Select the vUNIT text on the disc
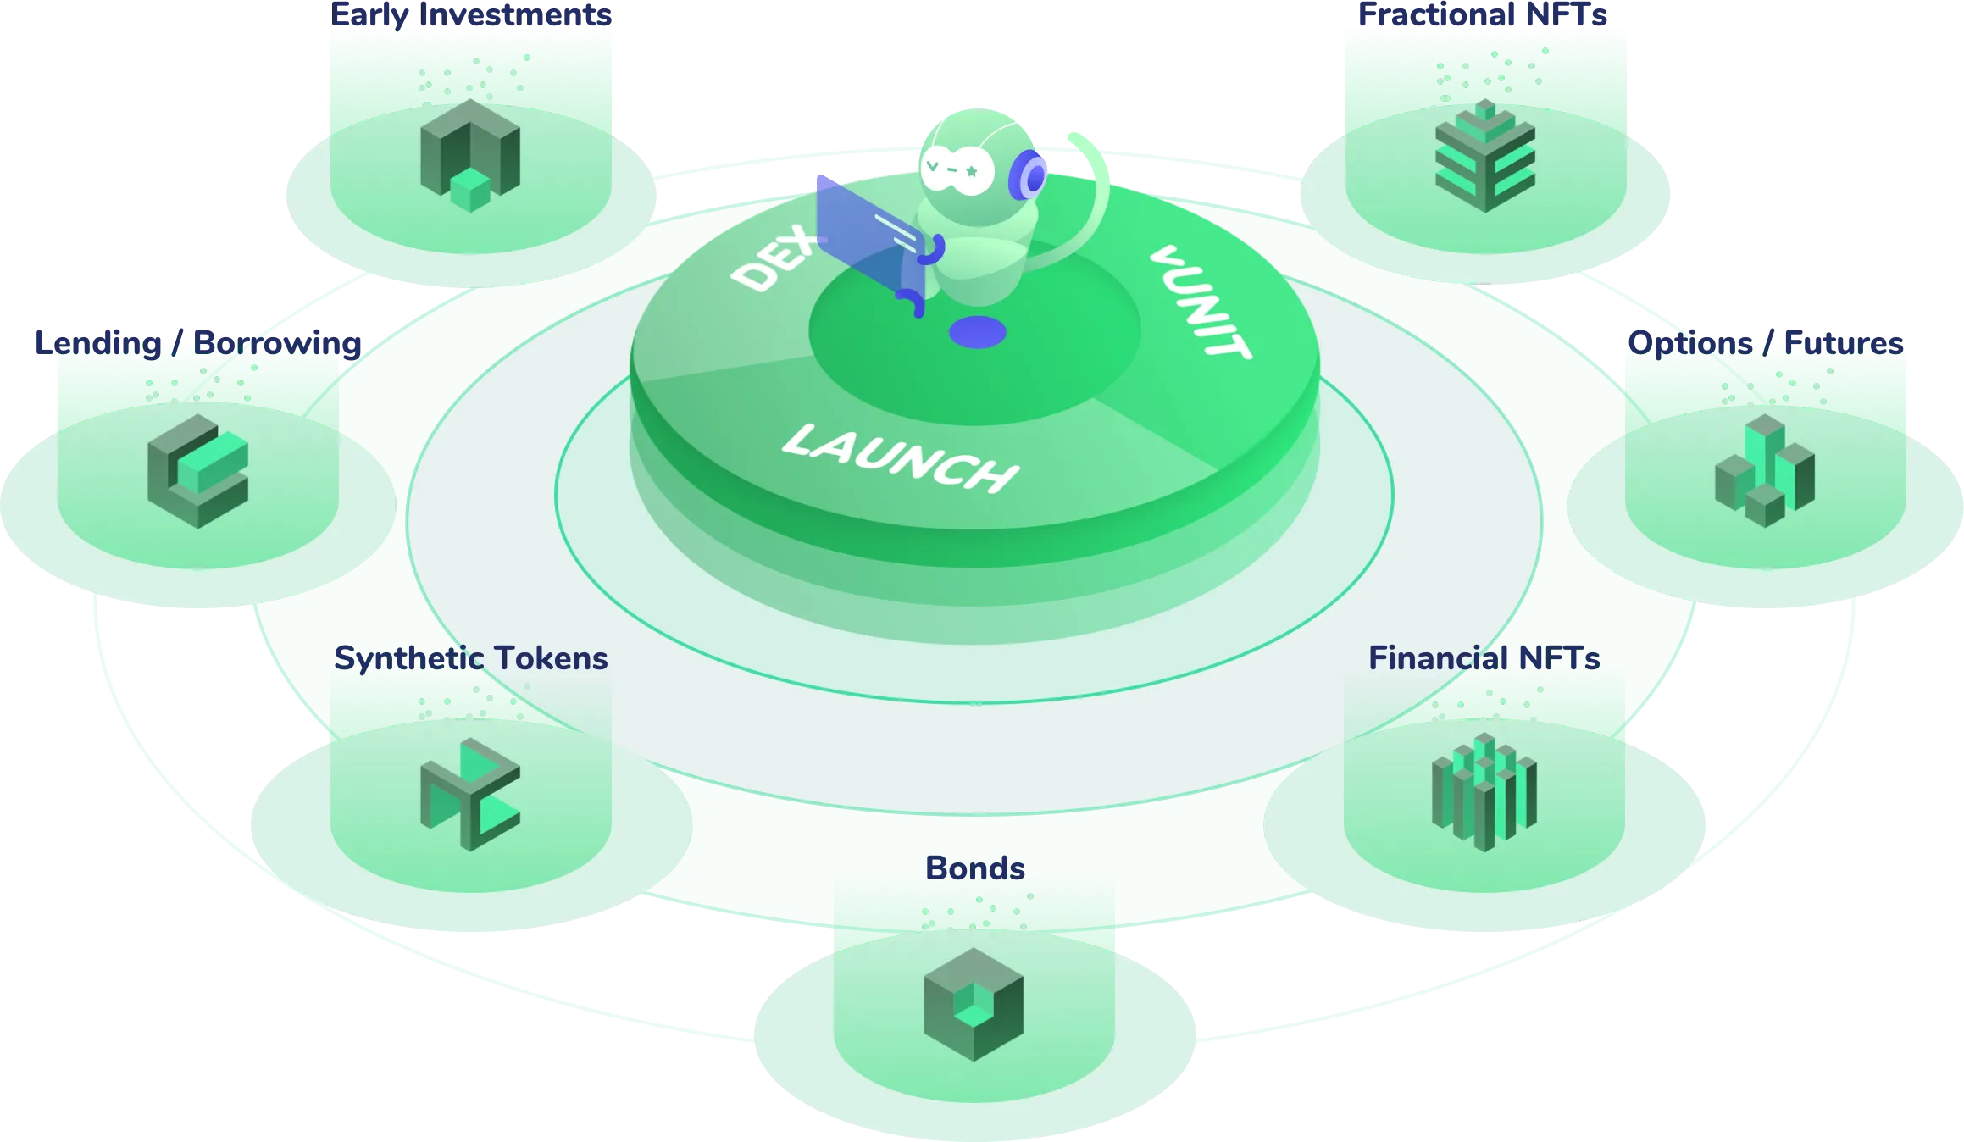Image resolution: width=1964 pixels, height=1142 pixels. (x=1200, y=302)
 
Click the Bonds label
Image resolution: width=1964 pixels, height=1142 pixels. (x=974, y=868)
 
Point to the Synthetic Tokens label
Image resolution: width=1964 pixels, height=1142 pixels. (x=470, y=658)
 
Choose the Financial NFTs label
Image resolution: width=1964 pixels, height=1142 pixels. (x=1484, y=658)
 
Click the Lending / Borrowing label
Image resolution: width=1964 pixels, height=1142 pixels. (x=197, y=343)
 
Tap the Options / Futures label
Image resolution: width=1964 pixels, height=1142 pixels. (x=1766, y=343)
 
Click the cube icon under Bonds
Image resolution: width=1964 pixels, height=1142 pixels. (x=974, y=1005)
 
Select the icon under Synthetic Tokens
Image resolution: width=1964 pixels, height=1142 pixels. (x=470, y=795)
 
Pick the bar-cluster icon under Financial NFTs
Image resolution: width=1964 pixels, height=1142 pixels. (x=1484, y=791)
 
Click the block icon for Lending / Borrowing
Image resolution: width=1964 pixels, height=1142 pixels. (x=198, y=471)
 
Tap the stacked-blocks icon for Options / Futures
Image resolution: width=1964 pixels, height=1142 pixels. (x=1765, y=471)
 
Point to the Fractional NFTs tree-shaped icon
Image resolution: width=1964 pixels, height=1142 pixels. (x=1484, y=156)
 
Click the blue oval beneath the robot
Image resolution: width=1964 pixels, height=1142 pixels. (x=978, y=332)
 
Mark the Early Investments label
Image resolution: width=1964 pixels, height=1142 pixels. (x=472, y=14)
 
